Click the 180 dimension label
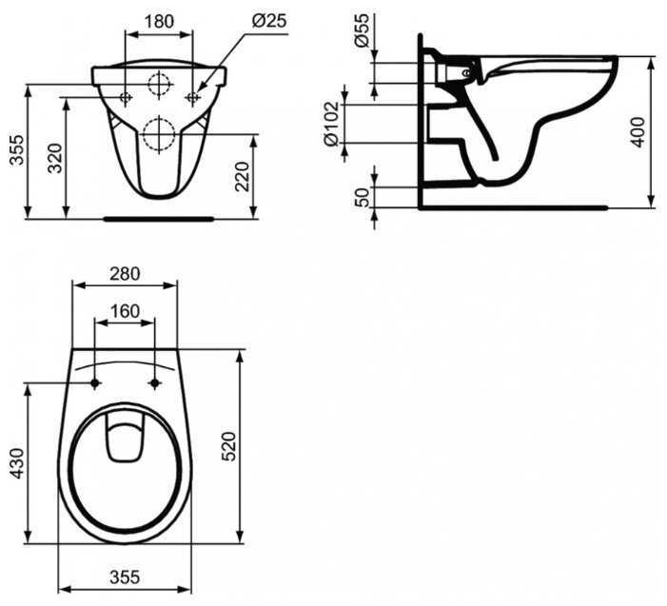(x=159, y=21)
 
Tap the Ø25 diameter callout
(x=269, y=20)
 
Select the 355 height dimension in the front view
(x=17, y=150)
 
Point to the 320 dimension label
(x=55, y=158)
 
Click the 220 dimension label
(x=242, y=177)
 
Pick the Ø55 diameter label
(x=362, y=30)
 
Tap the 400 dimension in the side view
(x=638, y=132)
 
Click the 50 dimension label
(x=362, y=197)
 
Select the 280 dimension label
(x=125, y=274)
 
